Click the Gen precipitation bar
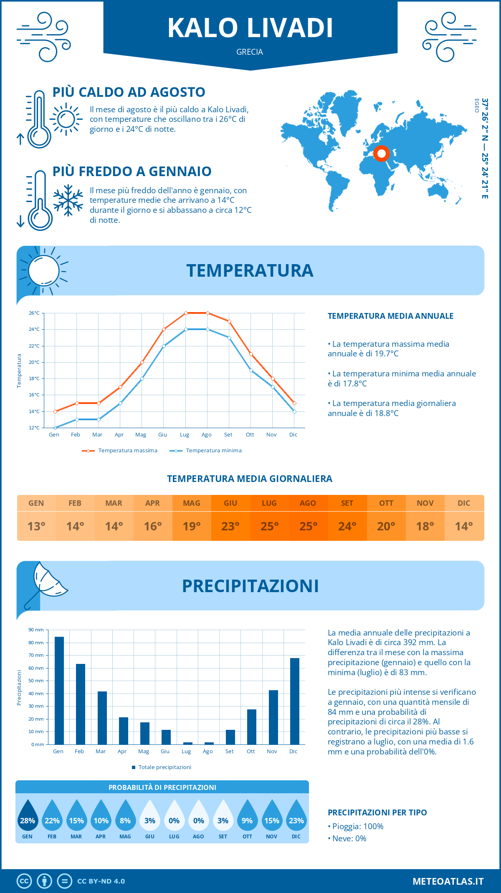coord(59,691)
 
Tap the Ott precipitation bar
coord(252,727)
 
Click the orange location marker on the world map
coord(381,154)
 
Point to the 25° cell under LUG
coord(269,526)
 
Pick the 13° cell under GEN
coord(36,526)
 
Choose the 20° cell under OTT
coord(386,526)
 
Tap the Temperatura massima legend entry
coord(120,451)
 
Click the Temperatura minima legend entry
coord(206,451)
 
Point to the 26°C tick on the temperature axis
coord(34,313)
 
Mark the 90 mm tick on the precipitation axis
coord(36,630)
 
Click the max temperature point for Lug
coord(186,313)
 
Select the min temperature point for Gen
coord(55,428)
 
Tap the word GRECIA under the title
coord(250,52)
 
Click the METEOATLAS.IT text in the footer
coord(448,881)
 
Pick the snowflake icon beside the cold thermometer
coord(68,200)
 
